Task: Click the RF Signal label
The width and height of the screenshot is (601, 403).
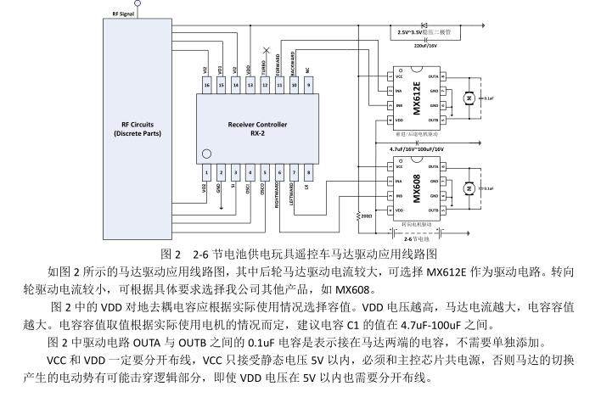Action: (123, 14)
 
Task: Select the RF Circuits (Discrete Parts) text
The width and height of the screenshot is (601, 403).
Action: (137, 128)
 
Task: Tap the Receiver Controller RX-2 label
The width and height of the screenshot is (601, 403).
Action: (257, 128)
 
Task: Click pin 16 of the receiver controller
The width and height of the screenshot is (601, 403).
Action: (205, 85)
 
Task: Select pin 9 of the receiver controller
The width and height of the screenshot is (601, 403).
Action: (308, 85)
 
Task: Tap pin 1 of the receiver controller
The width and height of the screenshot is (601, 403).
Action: (205, 172)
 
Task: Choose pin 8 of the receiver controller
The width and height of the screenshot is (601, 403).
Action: (308, 172)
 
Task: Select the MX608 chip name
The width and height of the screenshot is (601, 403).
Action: (418, 188)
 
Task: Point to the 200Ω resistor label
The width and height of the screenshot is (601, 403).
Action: (367, 215)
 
